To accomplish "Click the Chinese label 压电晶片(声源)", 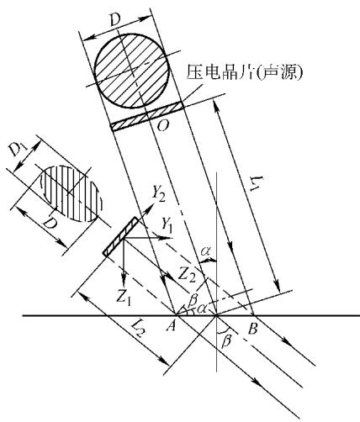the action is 245,71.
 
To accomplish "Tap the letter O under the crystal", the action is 163,126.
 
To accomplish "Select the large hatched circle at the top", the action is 132,71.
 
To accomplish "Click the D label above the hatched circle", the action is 115,20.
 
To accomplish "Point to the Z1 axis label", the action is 124,296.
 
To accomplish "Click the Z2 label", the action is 187,274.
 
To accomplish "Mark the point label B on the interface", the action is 252,328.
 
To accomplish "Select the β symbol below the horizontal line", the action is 226,341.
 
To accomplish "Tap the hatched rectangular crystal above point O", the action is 147,116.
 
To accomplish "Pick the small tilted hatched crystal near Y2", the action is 120,236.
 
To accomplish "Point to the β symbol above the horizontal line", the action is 193,301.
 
